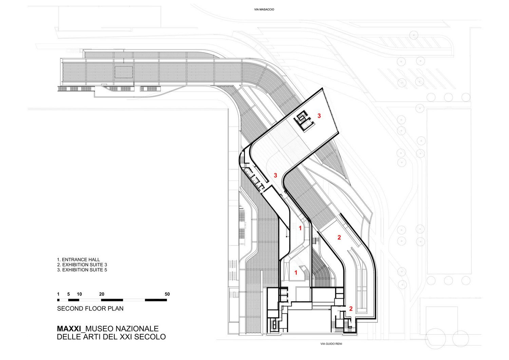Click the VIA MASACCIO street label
pyautogui.click(x=264, y=10)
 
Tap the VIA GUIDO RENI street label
pyautogui.click(x=331, y=344)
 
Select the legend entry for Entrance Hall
pyautogui.click(x=78, y=259)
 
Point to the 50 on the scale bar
pyautogui.click(x=167, y=294)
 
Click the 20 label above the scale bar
pyautogui.click(x=101, y=294)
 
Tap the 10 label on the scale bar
pyautogui.click(x=79, y=294)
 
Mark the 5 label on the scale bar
pyautogui.click(x=69, y=294)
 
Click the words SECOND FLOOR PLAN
pyautogui.click(x=90, y=309)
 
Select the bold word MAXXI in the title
pyautogui.click(x=70, y=329)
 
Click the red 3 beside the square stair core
pyautogui.click(x=319, y=115)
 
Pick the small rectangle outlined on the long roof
pyautogui.click(x=124, y=73)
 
